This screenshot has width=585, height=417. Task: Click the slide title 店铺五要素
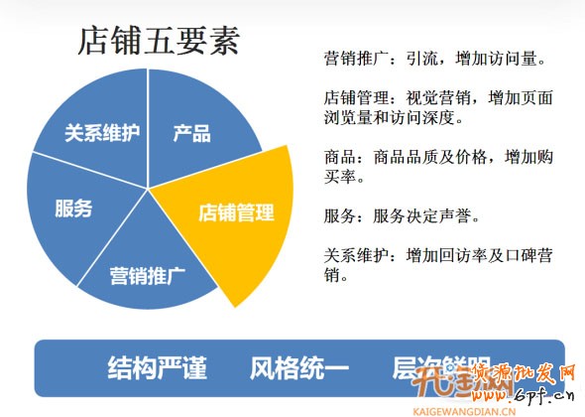click(x=159, y=42)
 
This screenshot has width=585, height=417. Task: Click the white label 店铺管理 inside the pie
click(x=236, y=212)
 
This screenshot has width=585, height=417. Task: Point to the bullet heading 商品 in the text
click(x=339, y=157)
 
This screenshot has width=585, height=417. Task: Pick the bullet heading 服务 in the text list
click(x=339, y=214)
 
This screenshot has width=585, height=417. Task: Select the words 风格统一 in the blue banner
click(x=299, y=368)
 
